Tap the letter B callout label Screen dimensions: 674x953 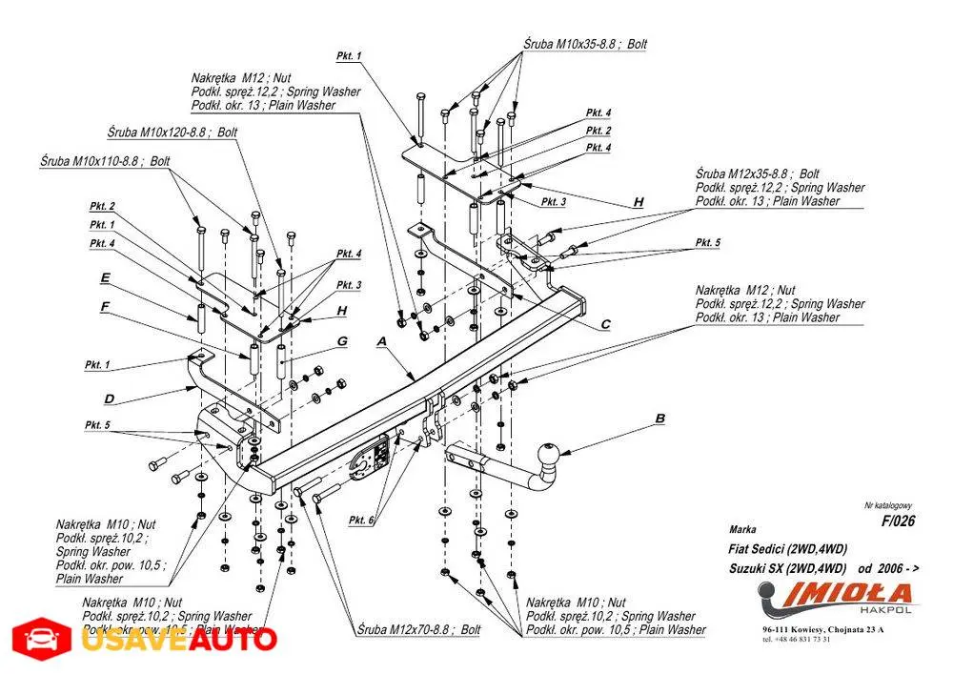tap(659, 418)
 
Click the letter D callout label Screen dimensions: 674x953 tap(110, 398)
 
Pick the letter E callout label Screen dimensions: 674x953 tap(105, 278)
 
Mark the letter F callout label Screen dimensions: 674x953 tap(105, 306)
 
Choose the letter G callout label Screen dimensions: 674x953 tap(340, 341)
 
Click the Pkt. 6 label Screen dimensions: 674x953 tap(361, 520)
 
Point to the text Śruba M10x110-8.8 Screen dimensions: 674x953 tap(91, 162)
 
